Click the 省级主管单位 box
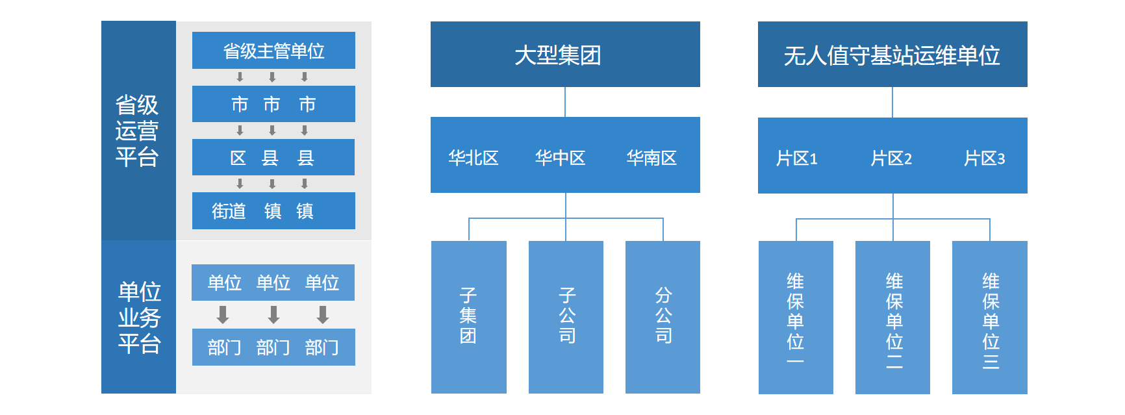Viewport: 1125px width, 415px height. [x=273, y=51]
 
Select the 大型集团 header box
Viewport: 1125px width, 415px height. [x=564, y=55]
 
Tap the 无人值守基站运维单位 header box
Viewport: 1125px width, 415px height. [x=892, y=55]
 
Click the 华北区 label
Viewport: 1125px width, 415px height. [x=474, y=158]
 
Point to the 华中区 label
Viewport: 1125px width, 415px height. [x=560, y=158]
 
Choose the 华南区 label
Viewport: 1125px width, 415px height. [x=651, y=158]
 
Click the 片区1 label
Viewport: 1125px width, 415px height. [x=796, y=158]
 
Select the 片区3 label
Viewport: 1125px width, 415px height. [x=984, y=158]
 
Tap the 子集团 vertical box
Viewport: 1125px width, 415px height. [x=468, y=316]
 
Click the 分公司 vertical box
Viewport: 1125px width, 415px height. [x=663, y=316]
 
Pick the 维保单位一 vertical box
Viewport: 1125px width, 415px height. [x=795, y=317]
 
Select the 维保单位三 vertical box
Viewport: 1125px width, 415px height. [x=989, y=317]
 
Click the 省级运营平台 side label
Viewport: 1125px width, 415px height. [x=138, y=131]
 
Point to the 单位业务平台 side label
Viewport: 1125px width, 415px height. [x=139, y=317]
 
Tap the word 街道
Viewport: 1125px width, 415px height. [x=229, y=211]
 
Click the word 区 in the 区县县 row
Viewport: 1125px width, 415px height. [x=238, y=158]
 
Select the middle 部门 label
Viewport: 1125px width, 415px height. [x=273, y=347]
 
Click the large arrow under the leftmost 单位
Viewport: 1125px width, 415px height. [x=223, y=315]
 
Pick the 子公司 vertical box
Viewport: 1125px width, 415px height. [x=566, y=316]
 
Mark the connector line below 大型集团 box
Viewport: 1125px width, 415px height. [x=565, y=102]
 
